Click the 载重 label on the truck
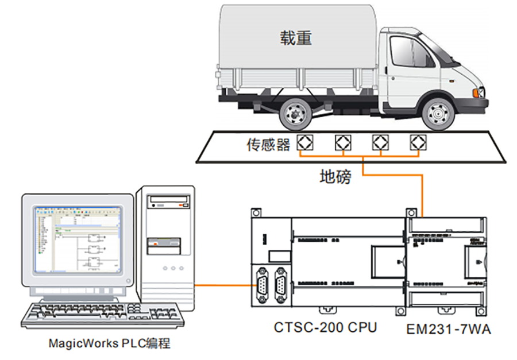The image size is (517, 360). point(296,38)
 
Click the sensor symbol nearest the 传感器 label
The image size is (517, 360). point(304,143)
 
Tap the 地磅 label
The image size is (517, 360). point(334,176)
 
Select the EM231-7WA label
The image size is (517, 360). point(449,329)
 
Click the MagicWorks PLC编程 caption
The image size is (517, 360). point(109,344)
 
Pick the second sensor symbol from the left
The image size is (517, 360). point(342,143)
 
